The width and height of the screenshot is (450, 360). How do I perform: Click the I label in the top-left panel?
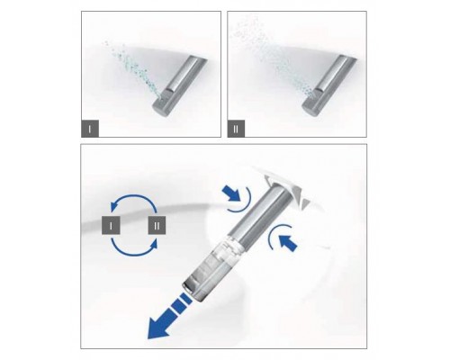pyautogui.click(x=90, y=129)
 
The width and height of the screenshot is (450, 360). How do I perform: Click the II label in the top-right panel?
pyautogui.click(x=236, y=129)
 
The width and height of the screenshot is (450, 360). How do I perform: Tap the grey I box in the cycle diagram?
pyautogui.click(x=111, y=225)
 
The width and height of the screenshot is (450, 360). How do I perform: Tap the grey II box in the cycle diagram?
pyautogui.click(x=157, y=225)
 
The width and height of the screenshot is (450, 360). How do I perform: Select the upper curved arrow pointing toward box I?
pyautogui.click(x=133, y=195)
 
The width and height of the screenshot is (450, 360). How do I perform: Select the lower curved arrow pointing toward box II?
pyautogui.click(x=133, y=255)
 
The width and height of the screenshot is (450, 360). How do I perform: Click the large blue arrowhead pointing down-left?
pyautogui.click(x=159, y=327)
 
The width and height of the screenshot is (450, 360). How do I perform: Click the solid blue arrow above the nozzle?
pyautogui.click(x=231, y=193)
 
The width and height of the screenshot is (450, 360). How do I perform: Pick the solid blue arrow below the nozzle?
pyautogui.click(x=288, y=242)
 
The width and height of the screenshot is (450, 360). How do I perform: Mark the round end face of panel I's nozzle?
pyautogui.click(x=160, y=109)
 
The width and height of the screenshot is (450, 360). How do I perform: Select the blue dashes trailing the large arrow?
pyautogui.click(x=179, y=303)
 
